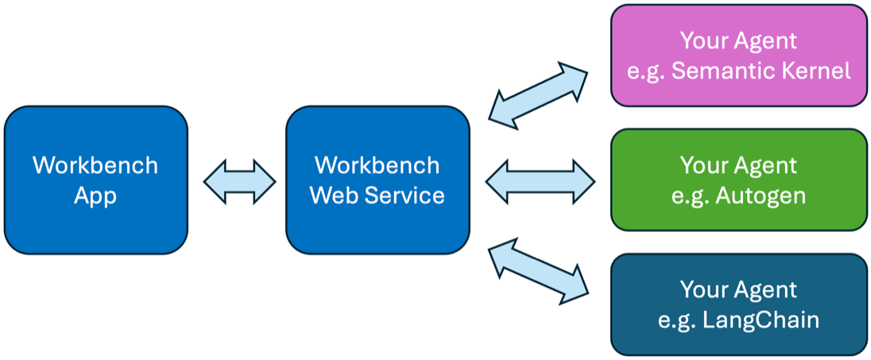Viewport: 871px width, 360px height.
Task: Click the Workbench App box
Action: [95, 180]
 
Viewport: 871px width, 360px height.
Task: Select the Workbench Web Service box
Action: [377, 180]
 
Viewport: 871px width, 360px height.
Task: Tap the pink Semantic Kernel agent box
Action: [738, 55]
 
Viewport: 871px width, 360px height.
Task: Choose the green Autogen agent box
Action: [738, 180]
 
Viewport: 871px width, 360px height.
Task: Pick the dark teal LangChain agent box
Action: [738, 304]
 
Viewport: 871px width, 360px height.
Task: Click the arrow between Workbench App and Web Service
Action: [239, 180]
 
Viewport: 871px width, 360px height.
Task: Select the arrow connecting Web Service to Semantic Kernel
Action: [538, 93]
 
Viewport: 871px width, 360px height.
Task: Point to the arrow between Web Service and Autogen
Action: [540, 180]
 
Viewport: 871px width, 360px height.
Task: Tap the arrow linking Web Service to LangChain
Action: [538, 273]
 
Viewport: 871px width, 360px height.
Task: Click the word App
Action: [95, 195]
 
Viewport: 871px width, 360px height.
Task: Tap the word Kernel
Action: [818, 71]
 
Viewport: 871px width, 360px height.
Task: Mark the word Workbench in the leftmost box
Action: [95, 165]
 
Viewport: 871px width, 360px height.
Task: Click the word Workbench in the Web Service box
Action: [377, 165]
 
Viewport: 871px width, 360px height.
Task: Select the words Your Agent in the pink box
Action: [738, 40]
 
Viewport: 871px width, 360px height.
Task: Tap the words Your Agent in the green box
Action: [738, 165]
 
